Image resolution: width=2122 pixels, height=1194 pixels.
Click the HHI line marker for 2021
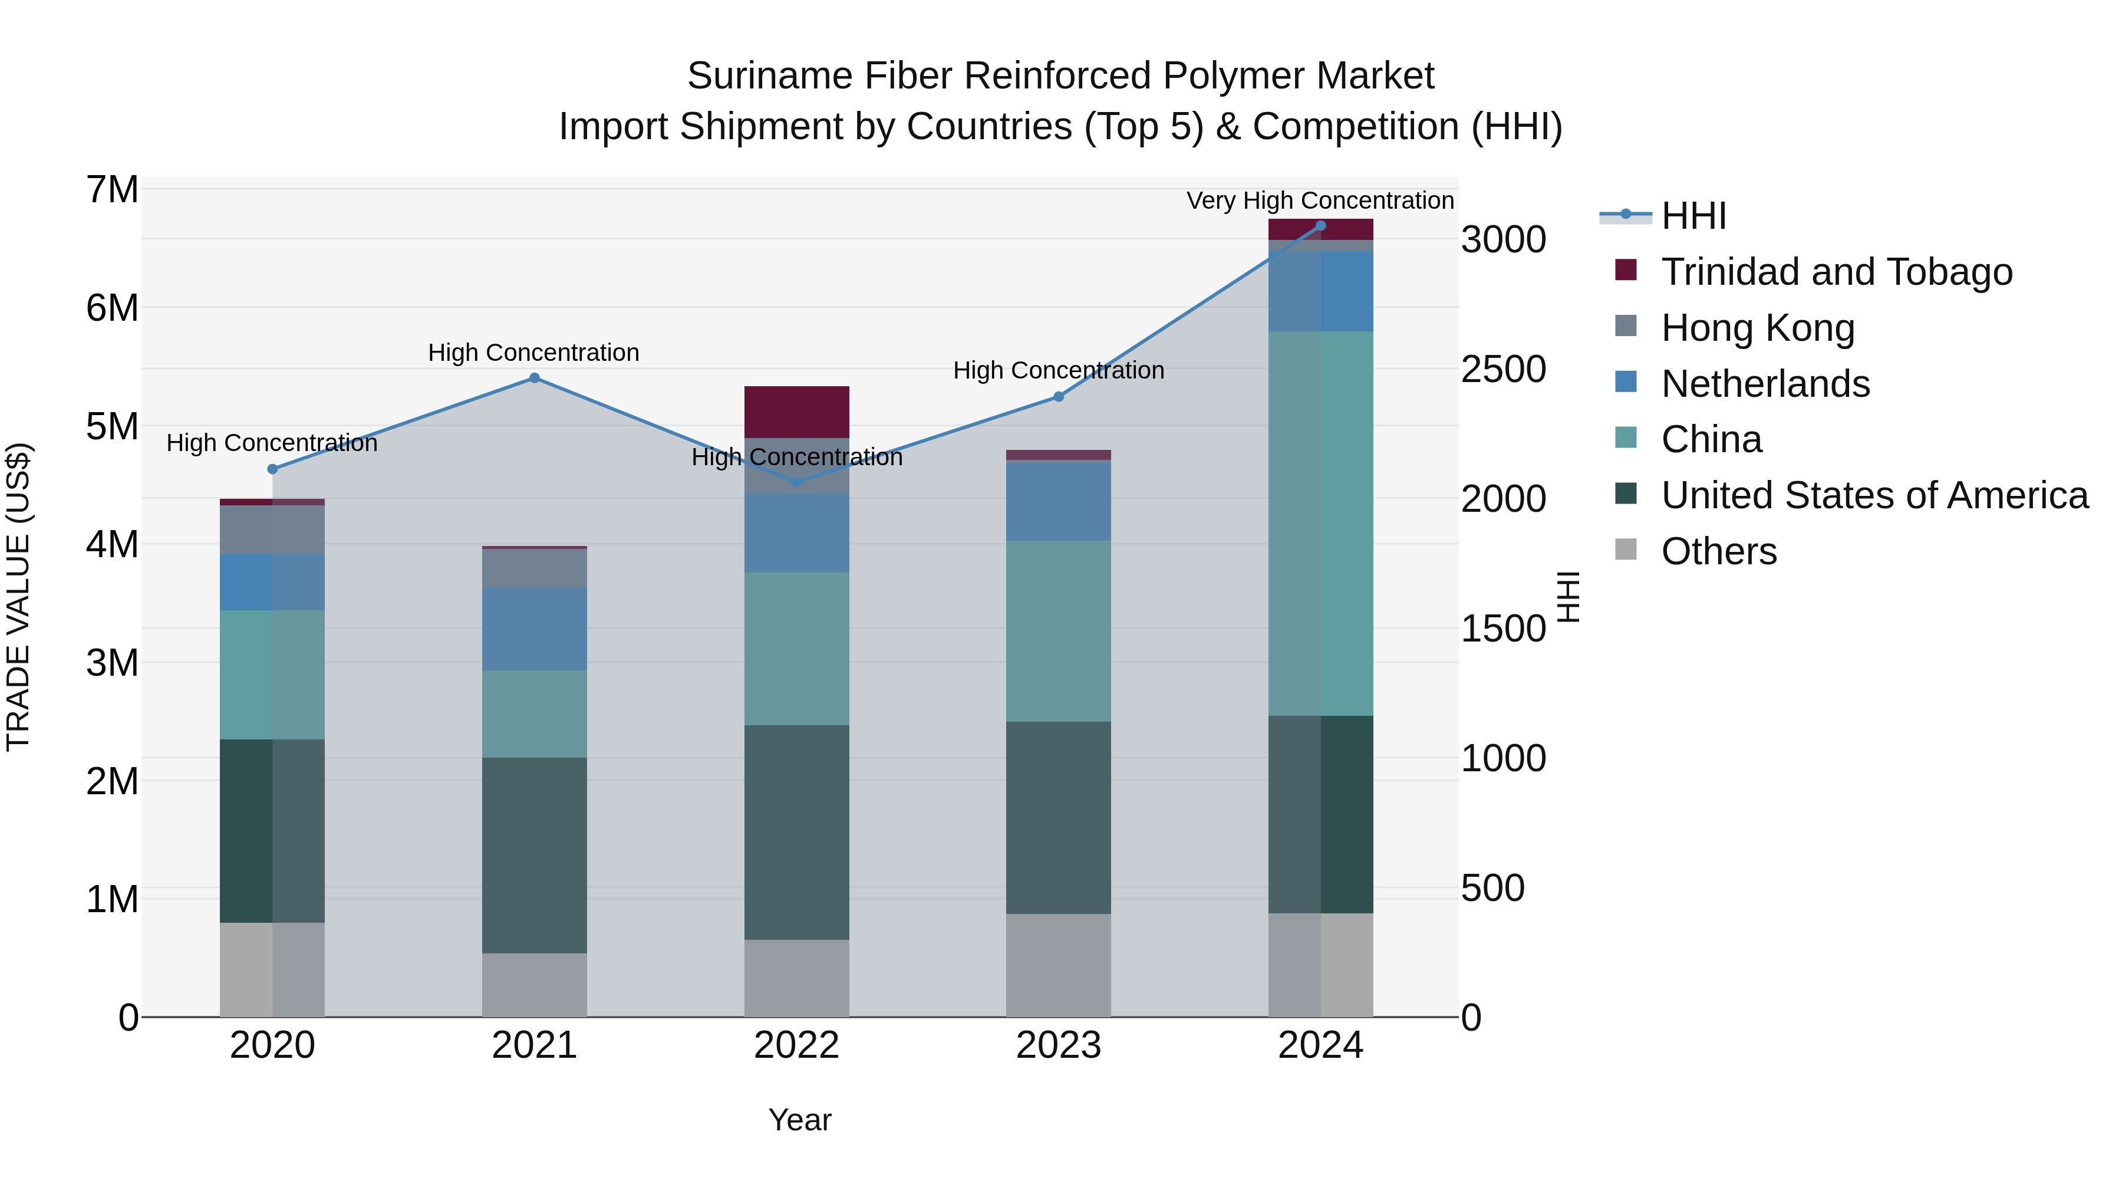pyautogui.click(x=534, y=378)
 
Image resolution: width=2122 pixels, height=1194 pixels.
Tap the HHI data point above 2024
pyautogui.click(x=1320, y=226)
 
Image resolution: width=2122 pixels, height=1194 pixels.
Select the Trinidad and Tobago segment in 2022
pyautogui.click(x=796, y=412)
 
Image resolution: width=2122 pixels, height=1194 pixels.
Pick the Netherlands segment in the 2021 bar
pyautogui.click(x=534, y=629)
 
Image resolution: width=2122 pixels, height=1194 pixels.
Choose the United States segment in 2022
pyautogui.click(x=796, y=832)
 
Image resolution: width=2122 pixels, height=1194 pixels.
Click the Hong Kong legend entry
pyautogui.click(x=1757, y=328)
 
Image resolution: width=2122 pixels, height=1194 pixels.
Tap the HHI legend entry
pyautogui.click(x=1693, y=216)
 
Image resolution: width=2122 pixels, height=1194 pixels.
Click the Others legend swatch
pyautogui.click(x=1626, y=549)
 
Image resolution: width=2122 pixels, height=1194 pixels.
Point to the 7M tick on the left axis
pyautogui.click(x=112, y=189)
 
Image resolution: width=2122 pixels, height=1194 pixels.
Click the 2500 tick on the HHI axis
pyautogui.click(x=1503, y=369)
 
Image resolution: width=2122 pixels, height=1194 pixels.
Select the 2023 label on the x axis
pyautogui.click(x=1059, y=1045)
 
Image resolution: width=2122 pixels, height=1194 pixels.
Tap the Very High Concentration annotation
pyautogui.click(x=1320, y=200)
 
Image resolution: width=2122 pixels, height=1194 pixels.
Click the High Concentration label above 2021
pyautogui.click(x=534, y=353)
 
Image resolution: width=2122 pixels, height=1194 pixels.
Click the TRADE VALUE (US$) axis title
pyautogui.click(x=18, y=597)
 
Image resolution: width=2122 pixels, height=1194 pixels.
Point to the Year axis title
pyautogui.click(x=800, y=1120)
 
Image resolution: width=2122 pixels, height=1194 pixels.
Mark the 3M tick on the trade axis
pyautogui.click(x=112, y=663)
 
